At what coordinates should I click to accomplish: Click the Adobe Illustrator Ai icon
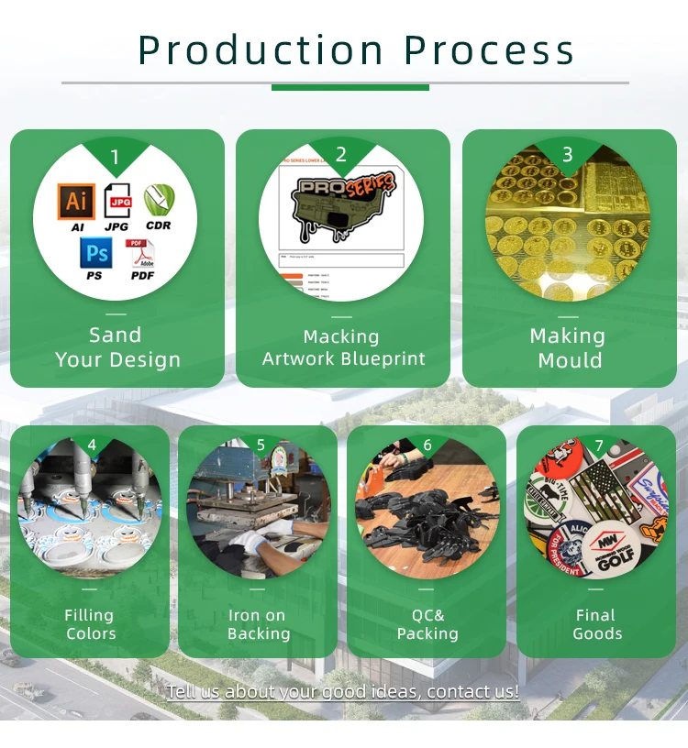[x=76, y=201]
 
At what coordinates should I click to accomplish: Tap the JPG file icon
[x=117, y=201]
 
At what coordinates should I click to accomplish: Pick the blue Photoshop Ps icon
[x=95, y=252]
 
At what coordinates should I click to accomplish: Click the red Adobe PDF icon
[x=141, y=254]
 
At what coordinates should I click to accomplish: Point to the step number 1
[x=115, y=158]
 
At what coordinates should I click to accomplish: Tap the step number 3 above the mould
[x=568, y=155]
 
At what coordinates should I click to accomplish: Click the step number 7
[x=599, y=446]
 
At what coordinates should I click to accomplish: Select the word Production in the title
[x=261, y=50]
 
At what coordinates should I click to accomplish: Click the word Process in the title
[x=489, y=50]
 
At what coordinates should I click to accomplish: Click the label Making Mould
[x=569, y=347]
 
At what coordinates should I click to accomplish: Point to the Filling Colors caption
[x=90, y=624]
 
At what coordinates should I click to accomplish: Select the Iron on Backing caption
[x=258, y=624]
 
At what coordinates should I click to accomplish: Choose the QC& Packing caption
[x=427, y=624]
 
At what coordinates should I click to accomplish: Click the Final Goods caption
[x=597, y=624]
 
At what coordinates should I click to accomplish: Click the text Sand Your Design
[x=117, y=347]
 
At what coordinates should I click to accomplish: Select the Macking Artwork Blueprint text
[x=343, y=347]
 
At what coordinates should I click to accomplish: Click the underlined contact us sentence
[x=343, y=691]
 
